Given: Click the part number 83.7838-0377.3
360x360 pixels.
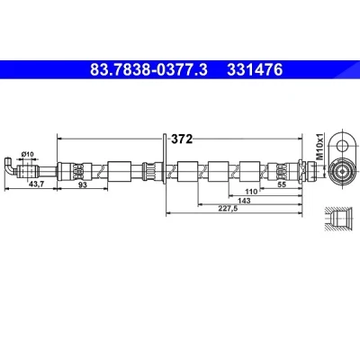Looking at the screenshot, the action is pos(148,70).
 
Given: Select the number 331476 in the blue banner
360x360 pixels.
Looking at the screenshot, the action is pos(255,70).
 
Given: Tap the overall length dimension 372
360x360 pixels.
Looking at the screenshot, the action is pos(182,139).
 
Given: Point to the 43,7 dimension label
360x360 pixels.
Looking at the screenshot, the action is pos(36,184).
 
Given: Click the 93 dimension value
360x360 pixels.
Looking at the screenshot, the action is pos(82,184).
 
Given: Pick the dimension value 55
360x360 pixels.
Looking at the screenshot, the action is pos(282,184).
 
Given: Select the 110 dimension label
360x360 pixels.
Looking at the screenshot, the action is pos(251,192).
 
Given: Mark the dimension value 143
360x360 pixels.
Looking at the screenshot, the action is pos(244,201).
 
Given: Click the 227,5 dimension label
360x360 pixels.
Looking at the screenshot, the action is pos(228,209).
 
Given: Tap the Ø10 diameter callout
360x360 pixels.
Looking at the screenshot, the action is pos(28,154).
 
